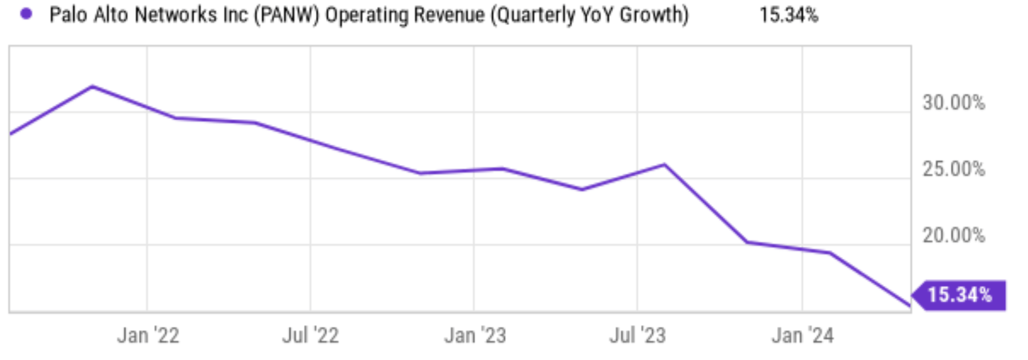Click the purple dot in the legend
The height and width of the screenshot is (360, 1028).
tap(26, 14)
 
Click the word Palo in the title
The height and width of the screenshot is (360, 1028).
tap(68, 15)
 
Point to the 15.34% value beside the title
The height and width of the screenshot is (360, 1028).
tap(788, 15)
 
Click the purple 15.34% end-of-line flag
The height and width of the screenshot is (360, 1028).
tap(959, 295)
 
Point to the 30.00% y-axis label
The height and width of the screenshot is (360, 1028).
tap(953, 102)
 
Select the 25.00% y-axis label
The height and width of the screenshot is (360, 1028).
tap(953, 169)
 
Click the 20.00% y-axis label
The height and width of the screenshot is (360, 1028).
tap(953, 235)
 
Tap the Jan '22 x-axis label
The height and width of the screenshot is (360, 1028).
tap(148, 335)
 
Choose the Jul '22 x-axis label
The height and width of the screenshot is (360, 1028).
tap(310, 335)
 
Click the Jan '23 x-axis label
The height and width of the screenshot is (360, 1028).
tap(475, 335)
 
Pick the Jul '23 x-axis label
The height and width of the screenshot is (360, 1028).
tap(638, 335)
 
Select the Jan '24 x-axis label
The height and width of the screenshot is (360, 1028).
tap(802, 335)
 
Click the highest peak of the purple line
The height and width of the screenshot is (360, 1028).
tap(93, 86)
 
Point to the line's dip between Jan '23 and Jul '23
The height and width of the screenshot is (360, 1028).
tap(582, 190)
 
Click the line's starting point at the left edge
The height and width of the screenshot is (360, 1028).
tap(11, 133)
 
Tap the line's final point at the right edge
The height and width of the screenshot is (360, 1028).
tap(909, 306)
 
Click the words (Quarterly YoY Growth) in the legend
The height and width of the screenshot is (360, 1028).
tap(590, 15)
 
